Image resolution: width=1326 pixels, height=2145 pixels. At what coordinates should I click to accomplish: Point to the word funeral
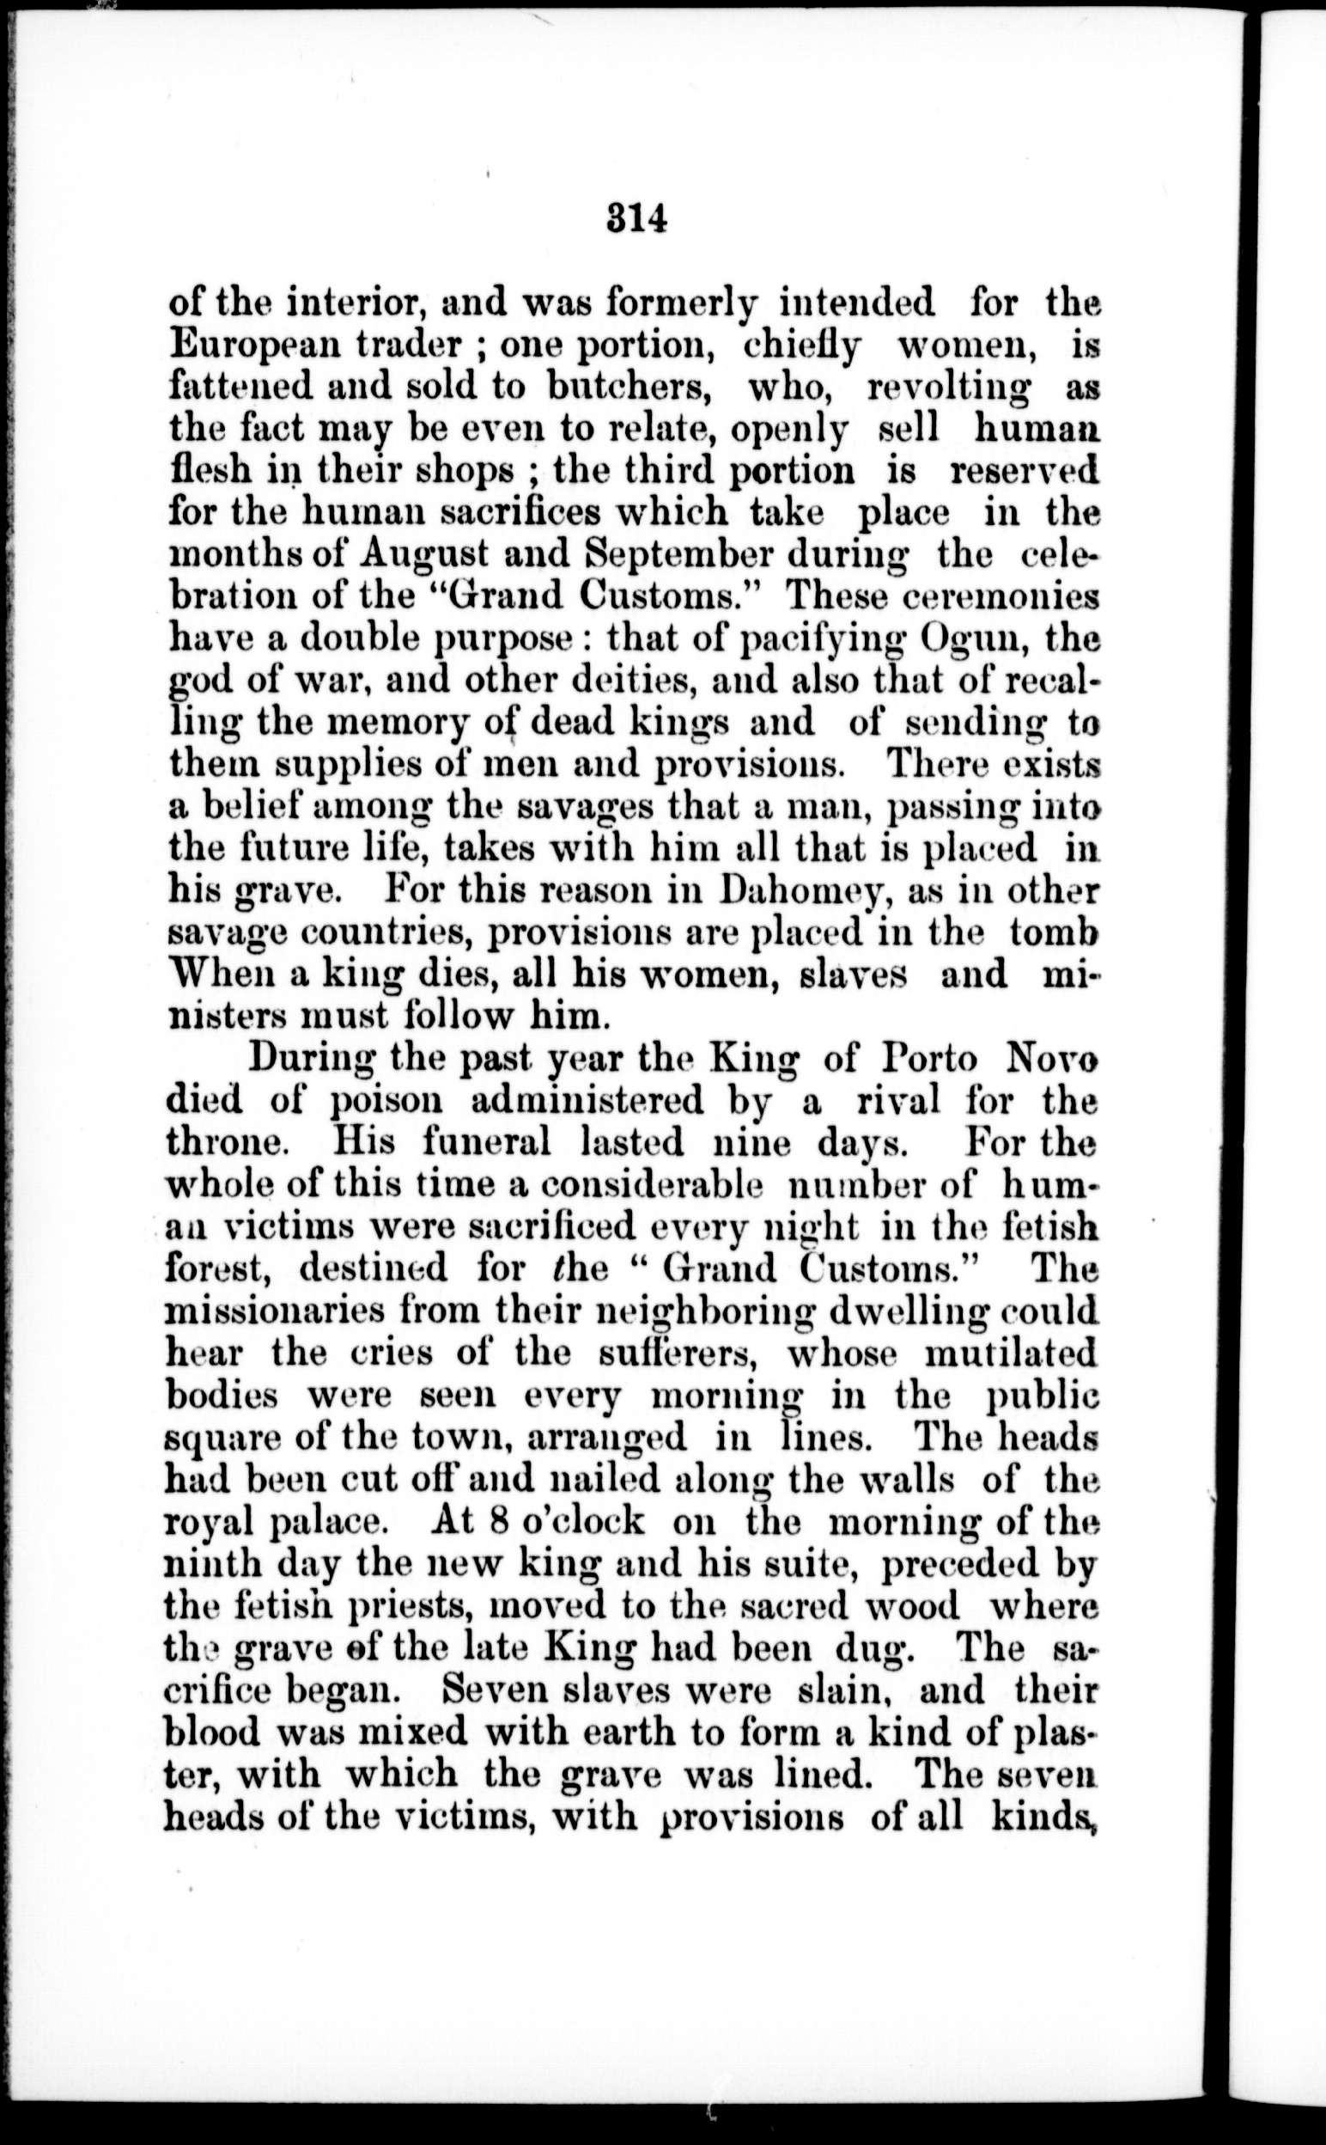tap(487, 1143)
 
